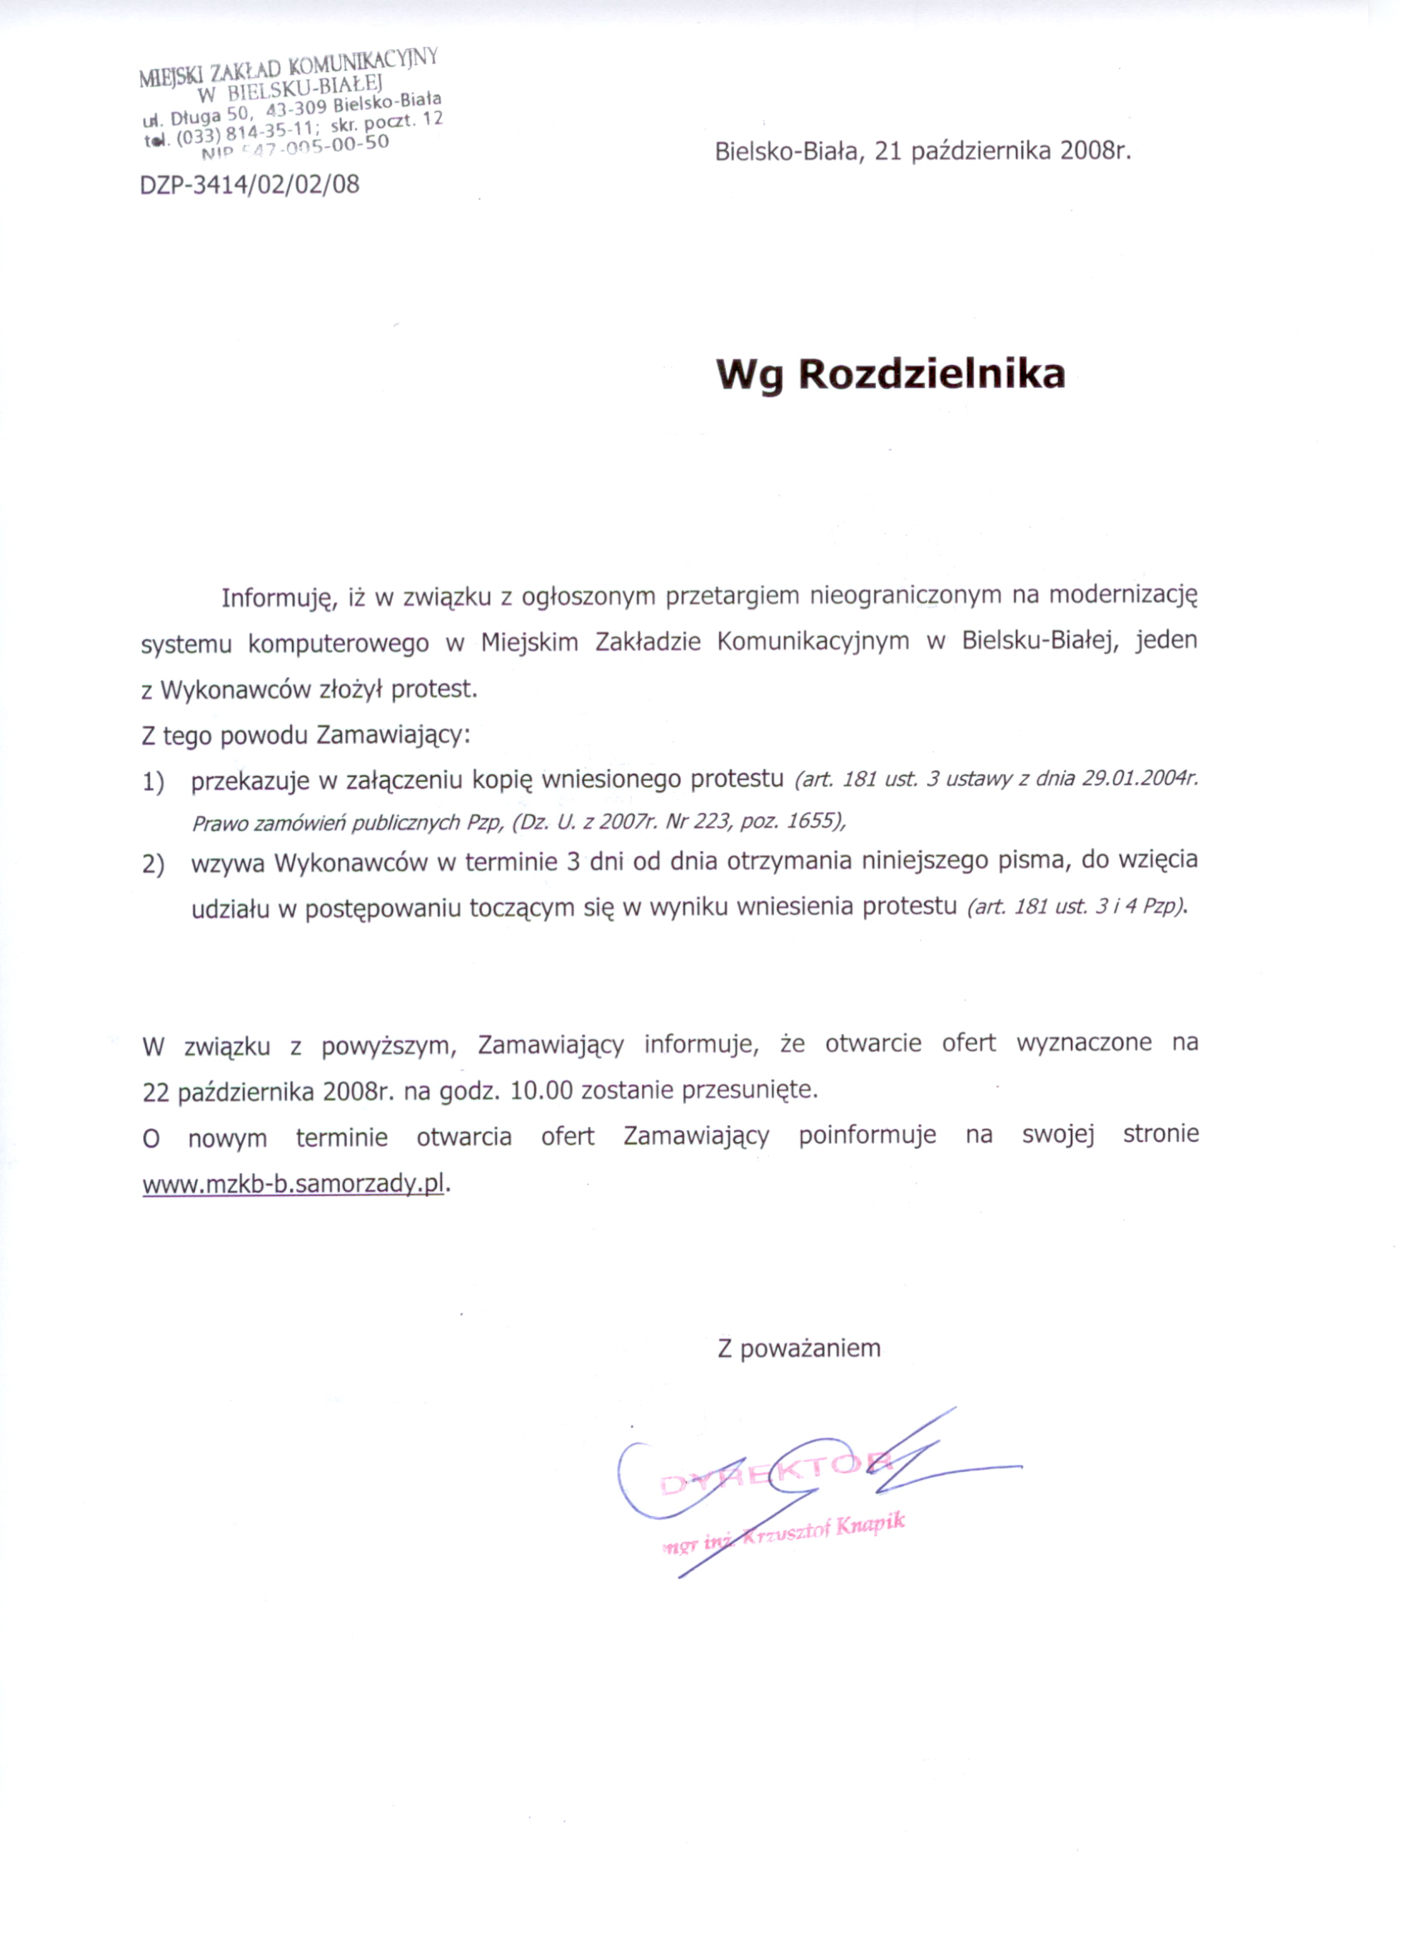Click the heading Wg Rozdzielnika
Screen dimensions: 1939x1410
click(890, 375)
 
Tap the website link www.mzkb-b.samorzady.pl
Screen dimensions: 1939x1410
click(294, 1184)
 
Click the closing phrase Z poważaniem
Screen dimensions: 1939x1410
click(799, 1349)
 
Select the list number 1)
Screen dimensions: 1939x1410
click(153, 781)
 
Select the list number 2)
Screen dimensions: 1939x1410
click(153, 863)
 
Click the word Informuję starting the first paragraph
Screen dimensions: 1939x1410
click(275, 597)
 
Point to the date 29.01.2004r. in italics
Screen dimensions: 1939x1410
click(1140, 780)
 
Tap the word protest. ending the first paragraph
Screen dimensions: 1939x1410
click(435, 688)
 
